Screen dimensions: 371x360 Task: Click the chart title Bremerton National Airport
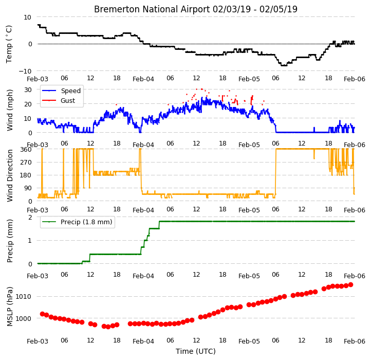tap(152, 9)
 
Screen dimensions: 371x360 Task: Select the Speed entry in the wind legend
tap(71, 91)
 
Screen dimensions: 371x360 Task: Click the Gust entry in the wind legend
tap(68, 100)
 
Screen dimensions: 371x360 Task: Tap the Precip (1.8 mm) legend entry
tap(86, 222)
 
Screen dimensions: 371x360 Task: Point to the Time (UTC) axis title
tap(195, 351)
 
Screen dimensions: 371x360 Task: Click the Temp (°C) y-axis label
tap(9, 44)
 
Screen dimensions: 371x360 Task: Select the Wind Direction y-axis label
tap(10, 175)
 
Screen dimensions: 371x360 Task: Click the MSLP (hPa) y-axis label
tap(9, 307)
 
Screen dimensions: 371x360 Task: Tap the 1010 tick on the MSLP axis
tap(23, 297)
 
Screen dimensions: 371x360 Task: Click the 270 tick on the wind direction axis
tap(26, 163)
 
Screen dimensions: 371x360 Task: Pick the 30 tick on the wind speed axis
tap(28, 90)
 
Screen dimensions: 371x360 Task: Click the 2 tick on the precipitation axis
tap(30, 217)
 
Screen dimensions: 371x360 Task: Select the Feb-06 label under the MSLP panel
tap(355, 341)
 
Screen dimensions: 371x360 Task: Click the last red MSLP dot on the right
tap(350, 285)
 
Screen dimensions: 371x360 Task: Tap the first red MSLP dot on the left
tap(42, 314)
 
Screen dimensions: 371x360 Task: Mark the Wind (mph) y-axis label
tap(10, 110)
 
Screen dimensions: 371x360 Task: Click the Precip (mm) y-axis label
tap(9, 241)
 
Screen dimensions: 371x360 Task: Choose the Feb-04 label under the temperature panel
tap(143, 79)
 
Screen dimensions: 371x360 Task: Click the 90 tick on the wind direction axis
tap(28, 188)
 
